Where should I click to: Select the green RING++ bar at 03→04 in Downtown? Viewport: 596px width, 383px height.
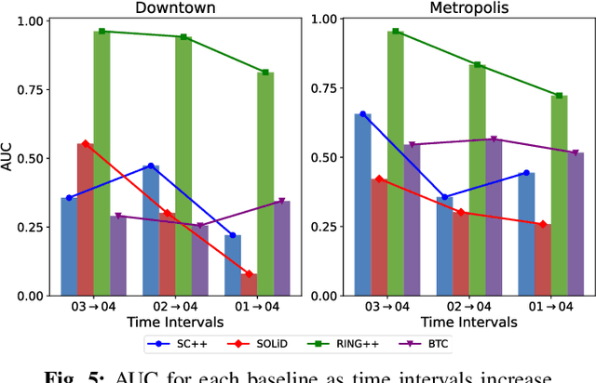pos(102,163)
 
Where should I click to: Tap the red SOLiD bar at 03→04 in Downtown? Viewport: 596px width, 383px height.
pos(86,219)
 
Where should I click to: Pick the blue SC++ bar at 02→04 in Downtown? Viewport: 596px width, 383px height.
pos(151,231)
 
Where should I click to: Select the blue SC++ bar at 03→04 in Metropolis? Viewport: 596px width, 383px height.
pos(362,205)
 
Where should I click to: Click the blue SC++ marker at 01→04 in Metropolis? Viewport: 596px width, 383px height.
pos(526,173)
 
